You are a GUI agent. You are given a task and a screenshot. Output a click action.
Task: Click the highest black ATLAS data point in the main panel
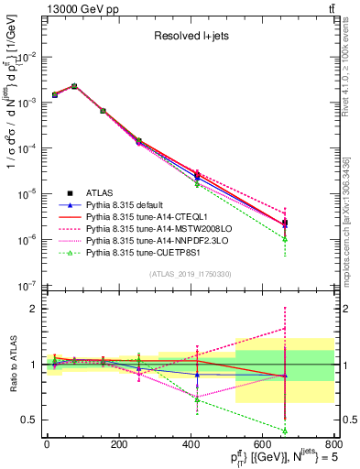(x=74, y=86)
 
